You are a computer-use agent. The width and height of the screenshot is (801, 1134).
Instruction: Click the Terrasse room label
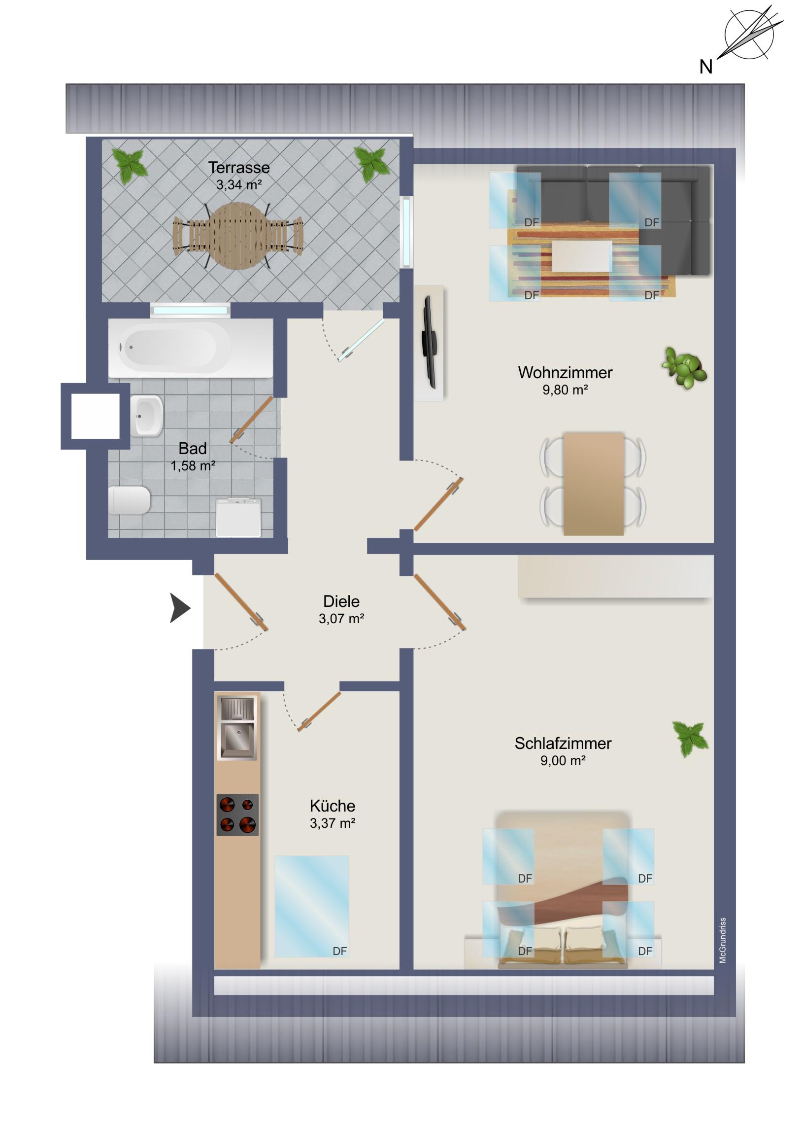point(239,168)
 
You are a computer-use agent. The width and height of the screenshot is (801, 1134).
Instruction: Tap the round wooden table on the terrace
point(239,236)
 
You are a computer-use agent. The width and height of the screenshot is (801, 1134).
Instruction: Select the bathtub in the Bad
point(191,348)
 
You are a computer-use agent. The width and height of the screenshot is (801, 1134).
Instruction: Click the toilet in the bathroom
point(129,500)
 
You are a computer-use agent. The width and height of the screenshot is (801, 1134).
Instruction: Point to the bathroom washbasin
point(147,416)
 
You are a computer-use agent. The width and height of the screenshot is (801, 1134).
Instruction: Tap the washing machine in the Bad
point(238,517)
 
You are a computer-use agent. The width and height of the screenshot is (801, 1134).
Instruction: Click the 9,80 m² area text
point(565,390)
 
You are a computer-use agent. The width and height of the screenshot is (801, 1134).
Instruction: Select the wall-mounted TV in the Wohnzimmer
point(429,342)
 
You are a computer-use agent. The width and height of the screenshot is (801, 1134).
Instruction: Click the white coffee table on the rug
point(581,256)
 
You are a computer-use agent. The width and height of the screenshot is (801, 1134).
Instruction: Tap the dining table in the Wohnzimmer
point(593,484)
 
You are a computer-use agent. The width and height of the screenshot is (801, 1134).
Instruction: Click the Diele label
point(341,601)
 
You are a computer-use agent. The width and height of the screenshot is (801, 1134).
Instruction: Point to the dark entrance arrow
point(180,607)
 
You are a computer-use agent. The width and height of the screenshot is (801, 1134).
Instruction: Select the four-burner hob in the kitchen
point(237,815)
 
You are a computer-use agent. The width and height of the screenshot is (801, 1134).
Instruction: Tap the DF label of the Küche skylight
point(339,951)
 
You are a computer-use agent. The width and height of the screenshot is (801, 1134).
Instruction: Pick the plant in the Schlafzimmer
point(691,739)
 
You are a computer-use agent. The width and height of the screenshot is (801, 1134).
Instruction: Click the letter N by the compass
point(706,67)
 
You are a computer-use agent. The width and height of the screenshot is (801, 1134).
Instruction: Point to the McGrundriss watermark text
point(723,940)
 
